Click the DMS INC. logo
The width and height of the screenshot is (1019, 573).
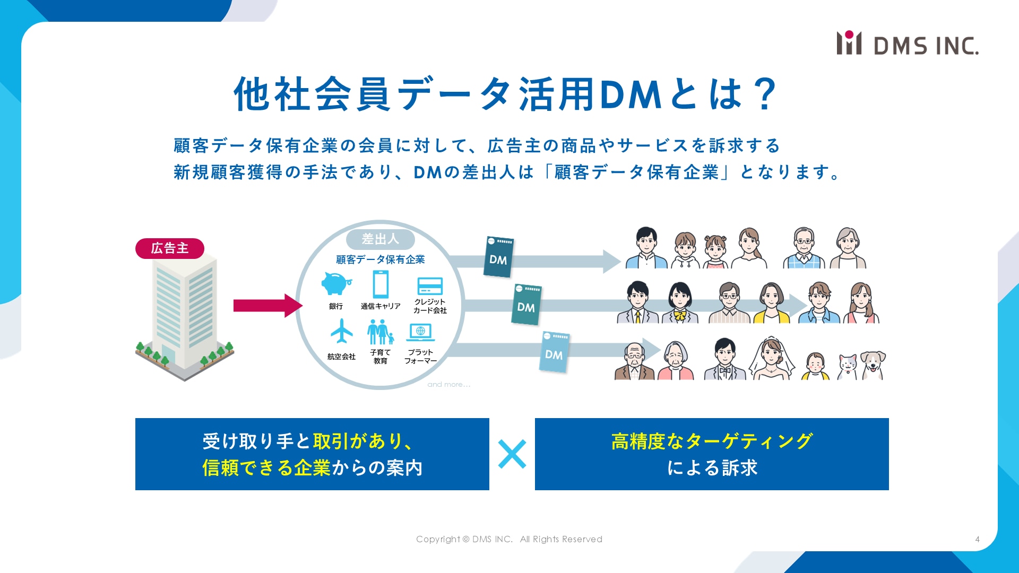pyautogui.click(x=908, y=44)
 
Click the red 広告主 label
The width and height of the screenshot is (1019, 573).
pyautogui.click(x=170, y=248)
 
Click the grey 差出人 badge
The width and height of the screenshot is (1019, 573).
pyautogui.click(x=380, y=239)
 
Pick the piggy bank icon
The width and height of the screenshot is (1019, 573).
pyautogui.click(x=336, y=284)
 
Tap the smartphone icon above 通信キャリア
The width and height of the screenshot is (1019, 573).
pyautogui.click(x=381, y=284)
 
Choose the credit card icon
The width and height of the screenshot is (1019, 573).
pyautogui.click(x=430, y=286)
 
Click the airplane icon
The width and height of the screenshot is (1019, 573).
pyautogui.click(x=341, y=332)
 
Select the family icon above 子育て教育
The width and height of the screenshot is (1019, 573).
pyautogui.click(x=381, y=332)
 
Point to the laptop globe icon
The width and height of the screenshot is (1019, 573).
pyautogui.click(x=421, y=333)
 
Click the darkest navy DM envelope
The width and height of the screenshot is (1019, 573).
pyautogui.click(x=498, y=257)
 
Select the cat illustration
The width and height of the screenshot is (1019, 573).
pyautogui.click(x=848, y=367)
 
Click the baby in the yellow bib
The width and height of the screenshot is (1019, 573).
pyautogui.click(x=815, y=367)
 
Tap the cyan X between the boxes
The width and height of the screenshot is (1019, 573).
pyautogui.click(x=512, y=454)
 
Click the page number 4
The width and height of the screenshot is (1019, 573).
pyautogui.click(x=977, y=539)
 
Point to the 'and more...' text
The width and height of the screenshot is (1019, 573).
pyautogui.click(x=448, y=384)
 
